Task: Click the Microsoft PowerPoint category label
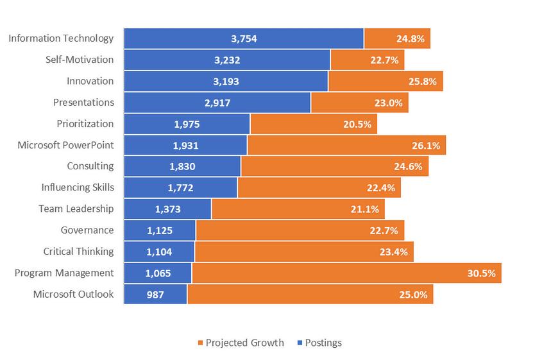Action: click(65, 145)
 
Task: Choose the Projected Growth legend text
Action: click(244, 343)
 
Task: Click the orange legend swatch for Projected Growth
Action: click(200, 343)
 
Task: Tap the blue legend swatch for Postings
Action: click(301, 343)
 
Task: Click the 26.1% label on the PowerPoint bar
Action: click(426, 145)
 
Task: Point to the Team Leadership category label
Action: click(76, 209)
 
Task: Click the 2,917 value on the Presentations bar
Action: click(217, 103)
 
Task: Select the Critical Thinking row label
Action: click(78, 252)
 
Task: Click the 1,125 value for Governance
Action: click(159, 230)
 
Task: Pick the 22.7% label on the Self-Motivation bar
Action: click(385, 60)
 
